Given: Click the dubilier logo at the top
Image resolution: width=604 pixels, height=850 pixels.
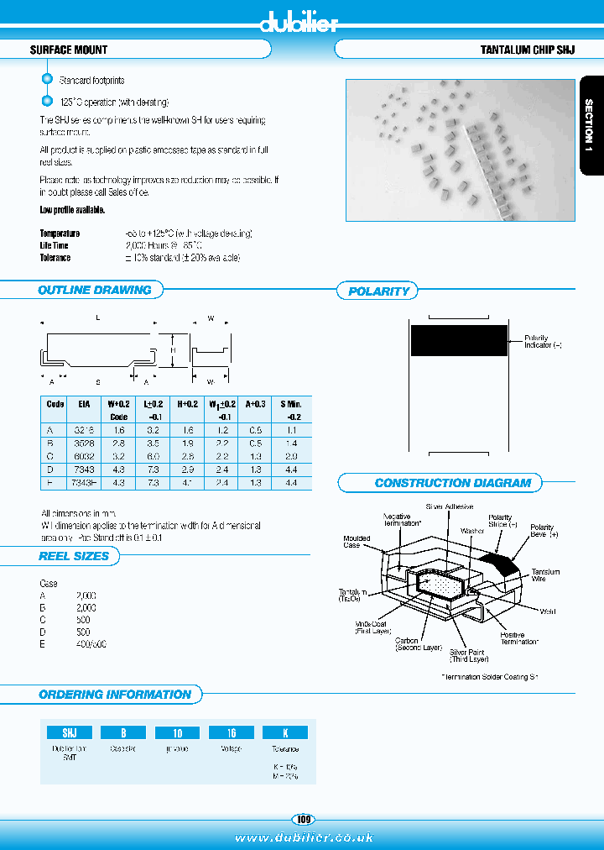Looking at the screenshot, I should coord(299,22).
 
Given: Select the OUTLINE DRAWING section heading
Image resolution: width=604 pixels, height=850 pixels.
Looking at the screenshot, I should coord(94,291).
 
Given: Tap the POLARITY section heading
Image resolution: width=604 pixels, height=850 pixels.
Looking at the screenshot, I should coord(378,291).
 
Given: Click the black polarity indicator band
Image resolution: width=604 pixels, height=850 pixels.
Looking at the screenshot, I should coord(458,341).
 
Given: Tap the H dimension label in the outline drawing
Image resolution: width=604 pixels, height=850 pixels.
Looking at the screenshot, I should coord(173,349).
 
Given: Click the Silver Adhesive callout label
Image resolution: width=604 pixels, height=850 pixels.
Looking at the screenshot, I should coord(450,507).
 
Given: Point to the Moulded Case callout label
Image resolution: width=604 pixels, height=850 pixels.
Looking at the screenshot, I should coord(351,541).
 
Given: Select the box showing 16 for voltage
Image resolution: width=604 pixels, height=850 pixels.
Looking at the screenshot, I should coord(232,732).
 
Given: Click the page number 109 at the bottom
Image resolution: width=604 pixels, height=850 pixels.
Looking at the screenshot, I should coord(302,819).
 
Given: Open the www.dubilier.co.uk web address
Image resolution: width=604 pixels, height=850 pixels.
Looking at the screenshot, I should coord(304,837).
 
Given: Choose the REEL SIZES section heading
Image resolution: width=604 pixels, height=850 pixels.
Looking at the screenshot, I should coord(74,556).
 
